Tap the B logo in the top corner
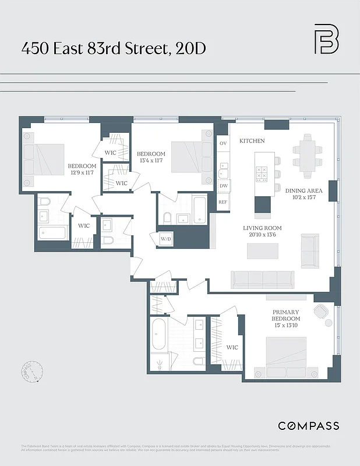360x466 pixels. (x=326, y=39)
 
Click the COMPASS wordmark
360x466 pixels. (x=308, y=426)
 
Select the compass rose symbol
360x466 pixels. (x=31, y=372)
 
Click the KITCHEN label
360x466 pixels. (x=252, y=141)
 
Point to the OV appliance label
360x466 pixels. (x=223, y=143)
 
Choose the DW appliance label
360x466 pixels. (x=223, y=186)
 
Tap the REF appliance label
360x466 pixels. (x=223, y=202)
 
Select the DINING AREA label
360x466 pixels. (x=303, y=190)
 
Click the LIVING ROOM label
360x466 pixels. (x=262, y=228)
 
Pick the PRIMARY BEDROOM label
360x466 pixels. (x=286, y=316)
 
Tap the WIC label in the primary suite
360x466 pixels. (x=232, y=348)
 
